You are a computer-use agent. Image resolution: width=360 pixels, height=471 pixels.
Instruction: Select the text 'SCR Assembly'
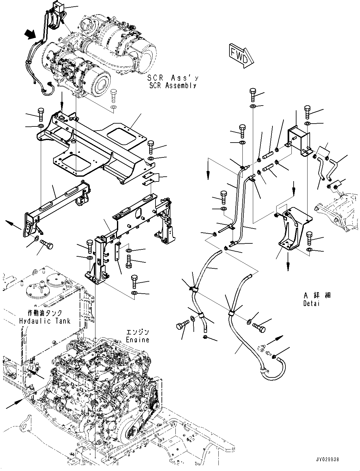tap(173, 85)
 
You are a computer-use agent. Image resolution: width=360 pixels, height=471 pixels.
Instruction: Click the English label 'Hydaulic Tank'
tap(45, 321)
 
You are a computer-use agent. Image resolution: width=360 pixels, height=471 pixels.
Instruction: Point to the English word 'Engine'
tap(137, 340)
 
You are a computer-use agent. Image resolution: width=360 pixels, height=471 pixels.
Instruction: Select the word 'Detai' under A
tap(311, 303)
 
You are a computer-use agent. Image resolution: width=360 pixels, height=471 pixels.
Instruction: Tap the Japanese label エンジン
tap(137, 333)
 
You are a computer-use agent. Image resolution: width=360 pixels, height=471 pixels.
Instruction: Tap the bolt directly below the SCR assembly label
tap(114, 95)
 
